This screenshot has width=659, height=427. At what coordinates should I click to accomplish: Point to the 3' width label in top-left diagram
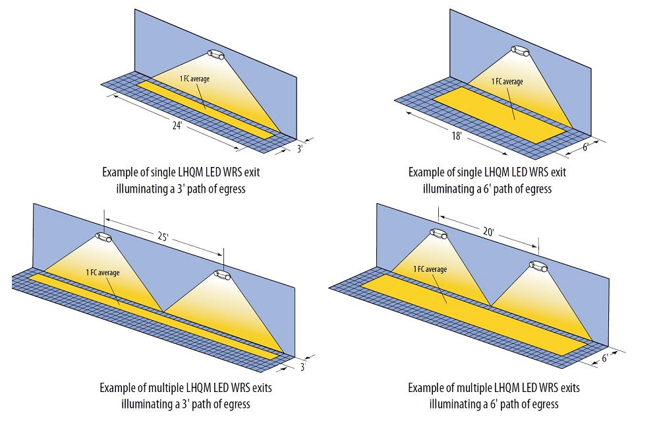click(x=300, y=149)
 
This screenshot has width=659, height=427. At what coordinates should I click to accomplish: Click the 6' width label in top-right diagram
click(x=586, y=149)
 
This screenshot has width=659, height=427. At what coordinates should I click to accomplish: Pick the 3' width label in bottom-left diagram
click(x=302, y=367)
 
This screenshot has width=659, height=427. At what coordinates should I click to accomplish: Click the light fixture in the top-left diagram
click(x=216, y=54)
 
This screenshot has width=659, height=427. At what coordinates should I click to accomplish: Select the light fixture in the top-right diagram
click(x=521, y=50)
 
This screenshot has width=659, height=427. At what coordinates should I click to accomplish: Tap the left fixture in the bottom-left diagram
click(x=104, y=236)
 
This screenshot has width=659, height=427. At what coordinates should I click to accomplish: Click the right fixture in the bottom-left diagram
click(x=222, y=275)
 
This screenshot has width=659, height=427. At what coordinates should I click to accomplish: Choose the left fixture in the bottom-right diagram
click(x=439, y=233)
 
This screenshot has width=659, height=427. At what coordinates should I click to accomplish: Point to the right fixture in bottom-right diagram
click(x=538, y=267)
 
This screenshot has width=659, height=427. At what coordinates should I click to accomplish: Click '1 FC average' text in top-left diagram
click(x=194, y=79)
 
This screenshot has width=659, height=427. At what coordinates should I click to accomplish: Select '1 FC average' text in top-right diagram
click(x=507, y=82)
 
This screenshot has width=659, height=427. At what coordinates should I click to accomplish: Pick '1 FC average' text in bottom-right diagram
click(x=430, y=269)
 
